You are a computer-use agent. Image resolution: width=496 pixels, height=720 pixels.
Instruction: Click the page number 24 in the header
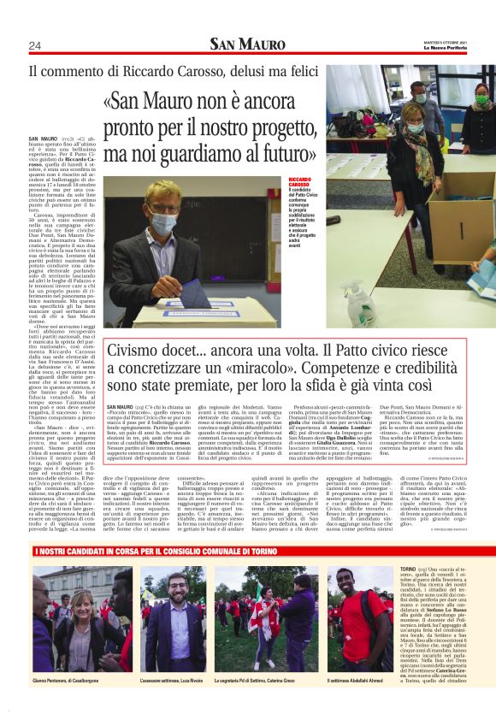pos(35,45)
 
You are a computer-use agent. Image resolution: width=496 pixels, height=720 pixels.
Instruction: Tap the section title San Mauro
pos(248,44)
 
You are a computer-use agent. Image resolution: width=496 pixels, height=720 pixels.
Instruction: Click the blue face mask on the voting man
pos(162,224)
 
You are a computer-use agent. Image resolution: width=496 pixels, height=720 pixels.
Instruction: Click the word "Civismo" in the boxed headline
pos(133,350)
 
